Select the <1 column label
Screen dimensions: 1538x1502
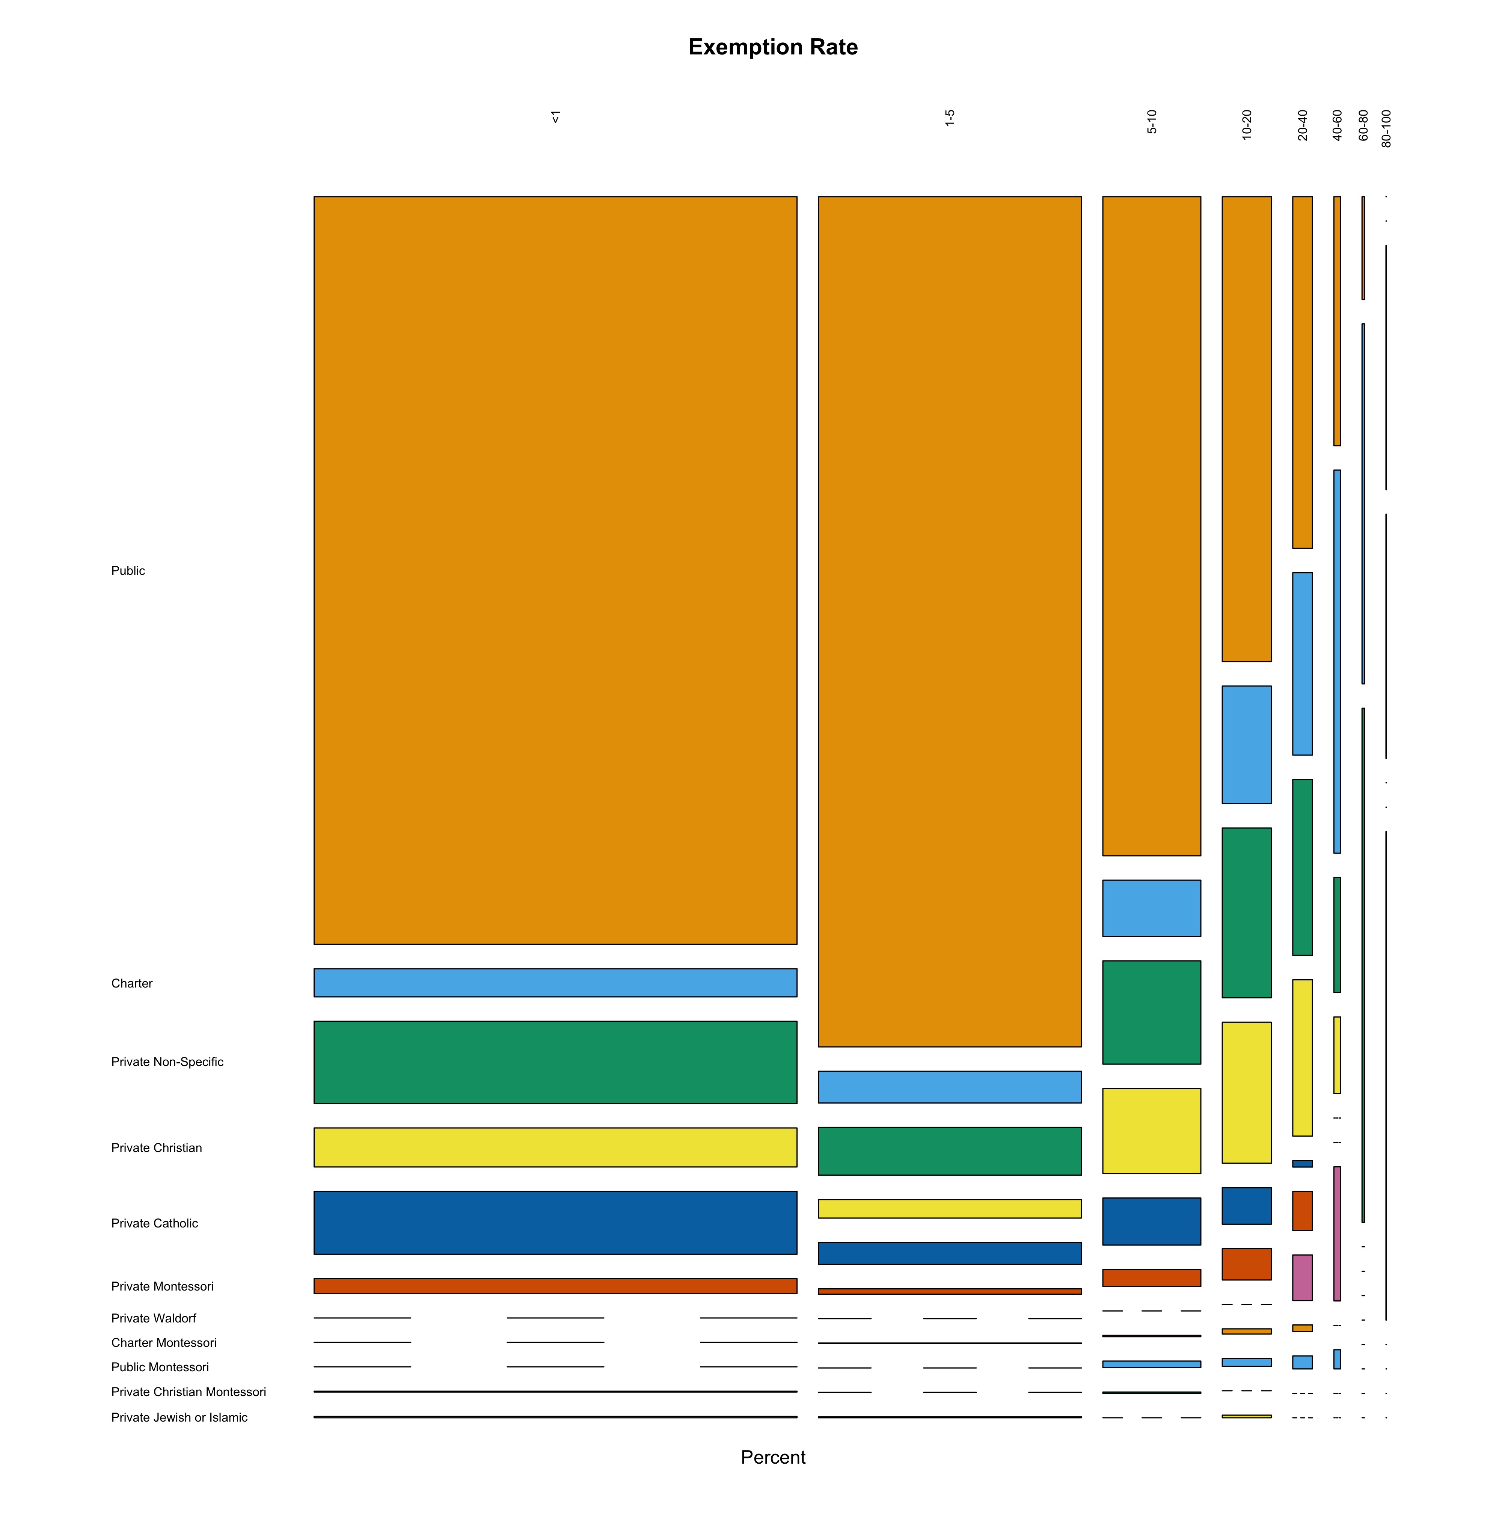(x=555, y=117)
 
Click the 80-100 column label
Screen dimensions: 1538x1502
(x=1386, y=128)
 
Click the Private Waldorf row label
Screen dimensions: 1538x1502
(x=154, y=1318)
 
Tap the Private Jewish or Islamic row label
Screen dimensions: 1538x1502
(x=179, y=1417)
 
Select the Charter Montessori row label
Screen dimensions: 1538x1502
(x=163, y=1342)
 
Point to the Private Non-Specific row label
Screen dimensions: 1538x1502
(x=167, y=1062)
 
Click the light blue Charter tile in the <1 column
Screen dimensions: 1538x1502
(x=555, y=983)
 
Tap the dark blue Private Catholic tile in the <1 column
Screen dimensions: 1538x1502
(x=555, y=1223)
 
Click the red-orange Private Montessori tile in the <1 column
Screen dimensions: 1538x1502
(x=555, y=1286)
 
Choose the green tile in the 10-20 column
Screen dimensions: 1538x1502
(x=1246, y=912)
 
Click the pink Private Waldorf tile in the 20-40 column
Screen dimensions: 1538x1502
(x=1302, y=1278)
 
